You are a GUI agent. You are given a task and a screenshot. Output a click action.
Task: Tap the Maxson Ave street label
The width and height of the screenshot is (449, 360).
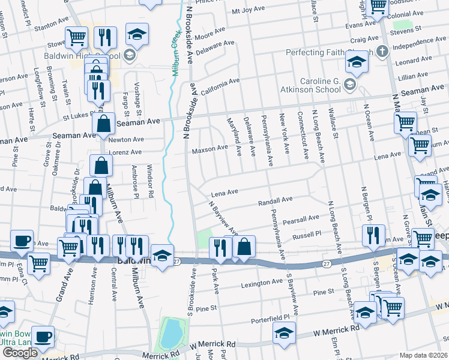(209, 148)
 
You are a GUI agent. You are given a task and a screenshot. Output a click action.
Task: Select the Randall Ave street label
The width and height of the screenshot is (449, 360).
(275, 200)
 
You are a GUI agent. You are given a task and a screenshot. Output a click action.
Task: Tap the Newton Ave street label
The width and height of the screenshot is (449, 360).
(127, 139)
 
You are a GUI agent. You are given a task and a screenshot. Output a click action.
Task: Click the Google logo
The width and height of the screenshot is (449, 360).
(20, 352)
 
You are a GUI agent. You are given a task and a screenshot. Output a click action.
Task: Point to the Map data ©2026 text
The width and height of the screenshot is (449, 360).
(424, 355)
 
